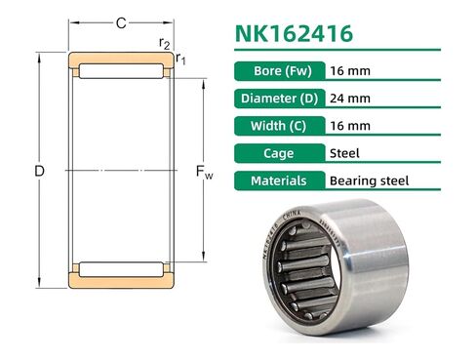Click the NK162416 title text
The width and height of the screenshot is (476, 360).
[x=294, y=33]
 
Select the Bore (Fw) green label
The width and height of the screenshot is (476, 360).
[x=280, y=71]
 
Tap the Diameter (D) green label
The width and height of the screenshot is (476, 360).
[x=280, y=99]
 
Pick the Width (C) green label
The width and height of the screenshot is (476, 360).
[x=280, y=126]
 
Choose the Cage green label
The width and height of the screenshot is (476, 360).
[x=280, y=153]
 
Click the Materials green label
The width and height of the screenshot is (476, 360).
[x=280, y=180]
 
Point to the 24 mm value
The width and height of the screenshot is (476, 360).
[x=350, y=99]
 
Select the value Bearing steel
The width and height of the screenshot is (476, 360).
[x=369, y=180]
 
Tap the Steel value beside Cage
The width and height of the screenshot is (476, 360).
[x=344, y=153]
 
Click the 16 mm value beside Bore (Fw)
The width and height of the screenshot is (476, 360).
[x=350, y=71]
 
